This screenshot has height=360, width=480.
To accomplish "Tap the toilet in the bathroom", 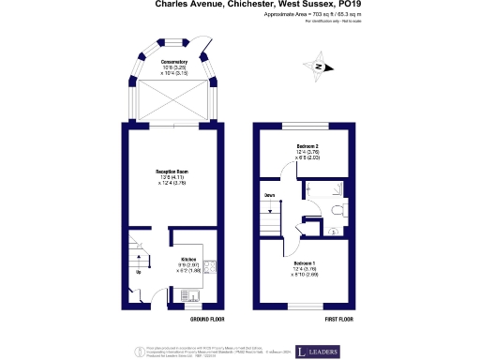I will point(339,210).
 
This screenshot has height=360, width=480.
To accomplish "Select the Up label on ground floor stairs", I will point(140,272).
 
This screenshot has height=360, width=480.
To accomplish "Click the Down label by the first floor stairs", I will point(269,196).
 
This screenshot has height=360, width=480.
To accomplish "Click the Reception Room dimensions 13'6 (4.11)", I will point(172,177).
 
